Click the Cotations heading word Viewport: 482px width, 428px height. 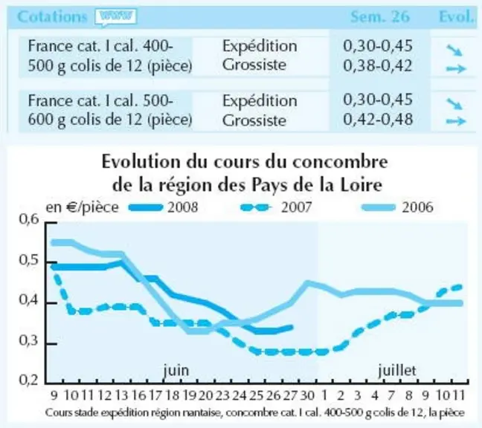[x=52, y=16]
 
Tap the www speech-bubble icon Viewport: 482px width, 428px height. [x=116, y=17]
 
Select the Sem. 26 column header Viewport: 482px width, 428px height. [x=380, y=16]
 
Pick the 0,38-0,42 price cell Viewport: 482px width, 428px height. [x=377, y=65]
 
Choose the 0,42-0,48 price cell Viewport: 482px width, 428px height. [x=378, y=120]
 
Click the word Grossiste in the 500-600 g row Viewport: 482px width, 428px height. [x=254, y=120]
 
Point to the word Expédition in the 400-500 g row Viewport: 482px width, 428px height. [x=260, y=46]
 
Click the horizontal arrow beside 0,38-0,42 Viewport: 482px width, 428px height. [x=456, y=69]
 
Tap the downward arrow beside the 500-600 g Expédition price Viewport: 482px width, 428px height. [x=454, y=103]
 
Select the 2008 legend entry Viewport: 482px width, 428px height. [x=163, y=207]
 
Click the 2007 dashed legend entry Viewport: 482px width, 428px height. [x=276, y=207]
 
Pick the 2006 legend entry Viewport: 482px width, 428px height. [x=397, y=207]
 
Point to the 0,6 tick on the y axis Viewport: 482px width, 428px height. [x=29, y=219]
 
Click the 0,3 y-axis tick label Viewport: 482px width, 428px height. [x=29, y=340]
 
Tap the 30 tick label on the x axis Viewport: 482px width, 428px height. [x=307, y=395]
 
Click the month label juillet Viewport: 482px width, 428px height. [x=397, y=370]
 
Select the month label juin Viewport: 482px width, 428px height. [x=176, y=370]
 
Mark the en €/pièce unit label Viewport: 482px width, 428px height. [x=82, y=207]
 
